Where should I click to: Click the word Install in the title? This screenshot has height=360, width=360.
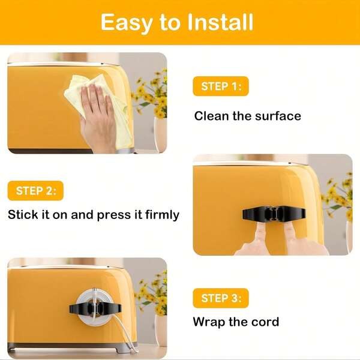click(x=220, y=22)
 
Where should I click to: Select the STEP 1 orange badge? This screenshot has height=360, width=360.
click(x=221, y=86)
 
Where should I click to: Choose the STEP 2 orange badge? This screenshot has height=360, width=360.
click(x=35, y=191)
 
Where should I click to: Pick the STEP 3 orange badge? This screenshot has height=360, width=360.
click(x=221, y=298)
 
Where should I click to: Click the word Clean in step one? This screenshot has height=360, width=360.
click(x=211, y=116)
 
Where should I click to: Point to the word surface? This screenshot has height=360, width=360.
click(x=278, y=116)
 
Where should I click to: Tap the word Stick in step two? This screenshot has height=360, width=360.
click(x=23, y=215)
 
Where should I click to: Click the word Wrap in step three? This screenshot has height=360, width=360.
click(x=209, y=322)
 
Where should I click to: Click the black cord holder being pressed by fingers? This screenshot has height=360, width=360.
click(x=274, y=213)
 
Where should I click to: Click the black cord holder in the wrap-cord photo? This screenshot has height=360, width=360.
click(x=95, y=308)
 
